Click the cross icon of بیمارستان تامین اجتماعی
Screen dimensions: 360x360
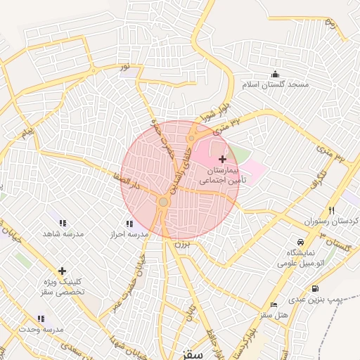(223, 160)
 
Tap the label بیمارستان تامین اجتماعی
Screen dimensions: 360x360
(219, 176)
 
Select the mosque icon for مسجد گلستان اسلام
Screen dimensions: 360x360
(274, 75)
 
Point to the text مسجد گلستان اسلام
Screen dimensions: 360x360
(276, 84)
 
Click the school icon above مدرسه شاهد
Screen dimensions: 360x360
(63, 224)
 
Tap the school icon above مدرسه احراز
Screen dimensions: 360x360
(129, 224)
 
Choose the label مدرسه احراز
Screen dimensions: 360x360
(127, 233)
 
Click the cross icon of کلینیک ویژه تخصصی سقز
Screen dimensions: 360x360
(63, 271)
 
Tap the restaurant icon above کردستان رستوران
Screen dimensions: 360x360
(332, 210)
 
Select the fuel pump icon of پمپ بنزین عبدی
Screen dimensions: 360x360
(314, 288)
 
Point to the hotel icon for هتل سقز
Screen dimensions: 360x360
(274, 304)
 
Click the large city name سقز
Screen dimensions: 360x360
(191, 354)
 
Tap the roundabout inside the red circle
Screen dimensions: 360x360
(163, 202)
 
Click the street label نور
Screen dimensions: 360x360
(125, 67)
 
